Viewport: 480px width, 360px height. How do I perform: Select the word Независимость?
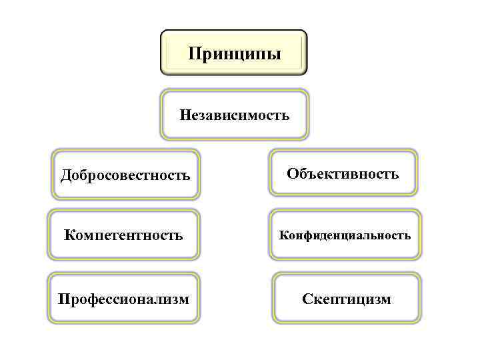[235, 116]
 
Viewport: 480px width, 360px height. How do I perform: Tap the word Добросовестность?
[125, 176]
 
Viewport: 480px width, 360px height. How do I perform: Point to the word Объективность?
[343, 174]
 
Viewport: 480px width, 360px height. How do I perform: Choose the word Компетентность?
[123, 235]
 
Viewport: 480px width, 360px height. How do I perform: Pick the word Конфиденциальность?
[345, 235]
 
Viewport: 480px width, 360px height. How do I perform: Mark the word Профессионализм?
[123, 298]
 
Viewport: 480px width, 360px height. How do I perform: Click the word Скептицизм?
[347, 299]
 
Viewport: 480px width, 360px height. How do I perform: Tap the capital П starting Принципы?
[194, 53]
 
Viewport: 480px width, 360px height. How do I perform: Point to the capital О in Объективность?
[293, 174]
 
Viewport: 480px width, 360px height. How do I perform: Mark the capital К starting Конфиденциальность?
[283, 235]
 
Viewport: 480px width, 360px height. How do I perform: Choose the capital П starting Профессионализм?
[63, 298]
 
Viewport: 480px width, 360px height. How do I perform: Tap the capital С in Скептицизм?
[307, 299]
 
